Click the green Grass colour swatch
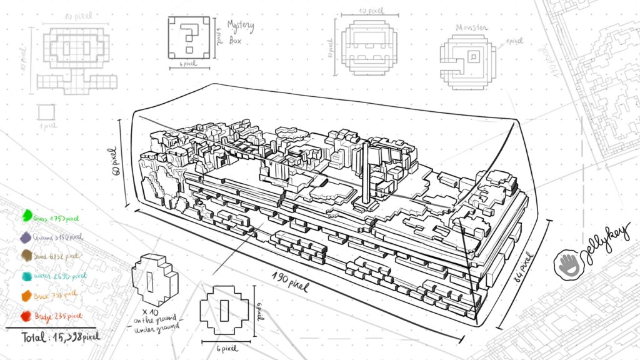(x=27, y=216)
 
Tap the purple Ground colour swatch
(x=26, y=237)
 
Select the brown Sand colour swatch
(x=27, y=256)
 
